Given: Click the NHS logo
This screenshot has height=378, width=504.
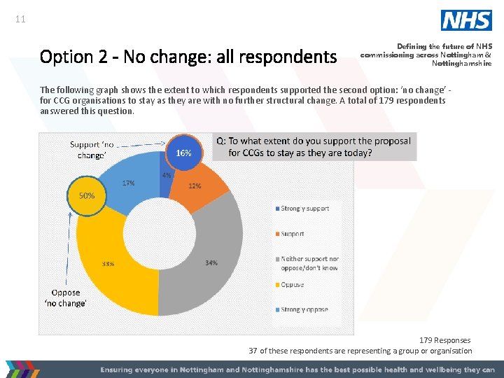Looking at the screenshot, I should point(466,20).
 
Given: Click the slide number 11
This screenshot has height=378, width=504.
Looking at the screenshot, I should point(20,20).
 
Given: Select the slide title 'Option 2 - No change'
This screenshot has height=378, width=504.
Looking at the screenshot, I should point(188,56).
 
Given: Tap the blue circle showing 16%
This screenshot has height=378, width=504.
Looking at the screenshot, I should point(183,153).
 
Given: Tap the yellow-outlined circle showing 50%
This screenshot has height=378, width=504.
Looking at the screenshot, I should point(86,196).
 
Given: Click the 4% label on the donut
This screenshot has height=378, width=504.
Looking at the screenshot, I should point(167,175).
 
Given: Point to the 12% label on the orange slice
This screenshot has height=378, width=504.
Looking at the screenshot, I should point(195,186).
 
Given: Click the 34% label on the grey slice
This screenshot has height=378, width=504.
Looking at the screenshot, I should point(211,263).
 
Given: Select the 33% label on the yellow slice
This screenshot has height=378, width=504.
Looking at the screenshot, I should point(108,265).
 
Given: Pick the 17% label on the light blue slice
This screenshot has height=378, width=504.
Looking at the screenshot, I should point(129,183).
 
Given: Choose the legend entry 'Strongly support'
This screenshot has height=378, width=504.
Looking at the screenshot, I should point(304,209).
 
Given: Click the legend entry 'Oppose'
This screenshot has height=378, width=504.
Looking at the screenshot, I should point(292,285).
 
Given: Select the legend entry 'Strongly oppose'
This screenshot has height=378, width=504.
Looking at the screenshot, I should point(304,309).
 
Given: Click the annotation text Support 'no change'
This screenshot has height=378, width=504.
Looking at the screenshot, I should point(92,150).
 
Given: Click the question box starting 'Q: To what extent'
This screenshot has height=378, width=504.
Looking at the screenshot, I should point(314,146).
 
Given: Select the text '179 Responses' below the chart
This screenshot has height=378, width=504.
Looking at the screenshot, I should point(444,340).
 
